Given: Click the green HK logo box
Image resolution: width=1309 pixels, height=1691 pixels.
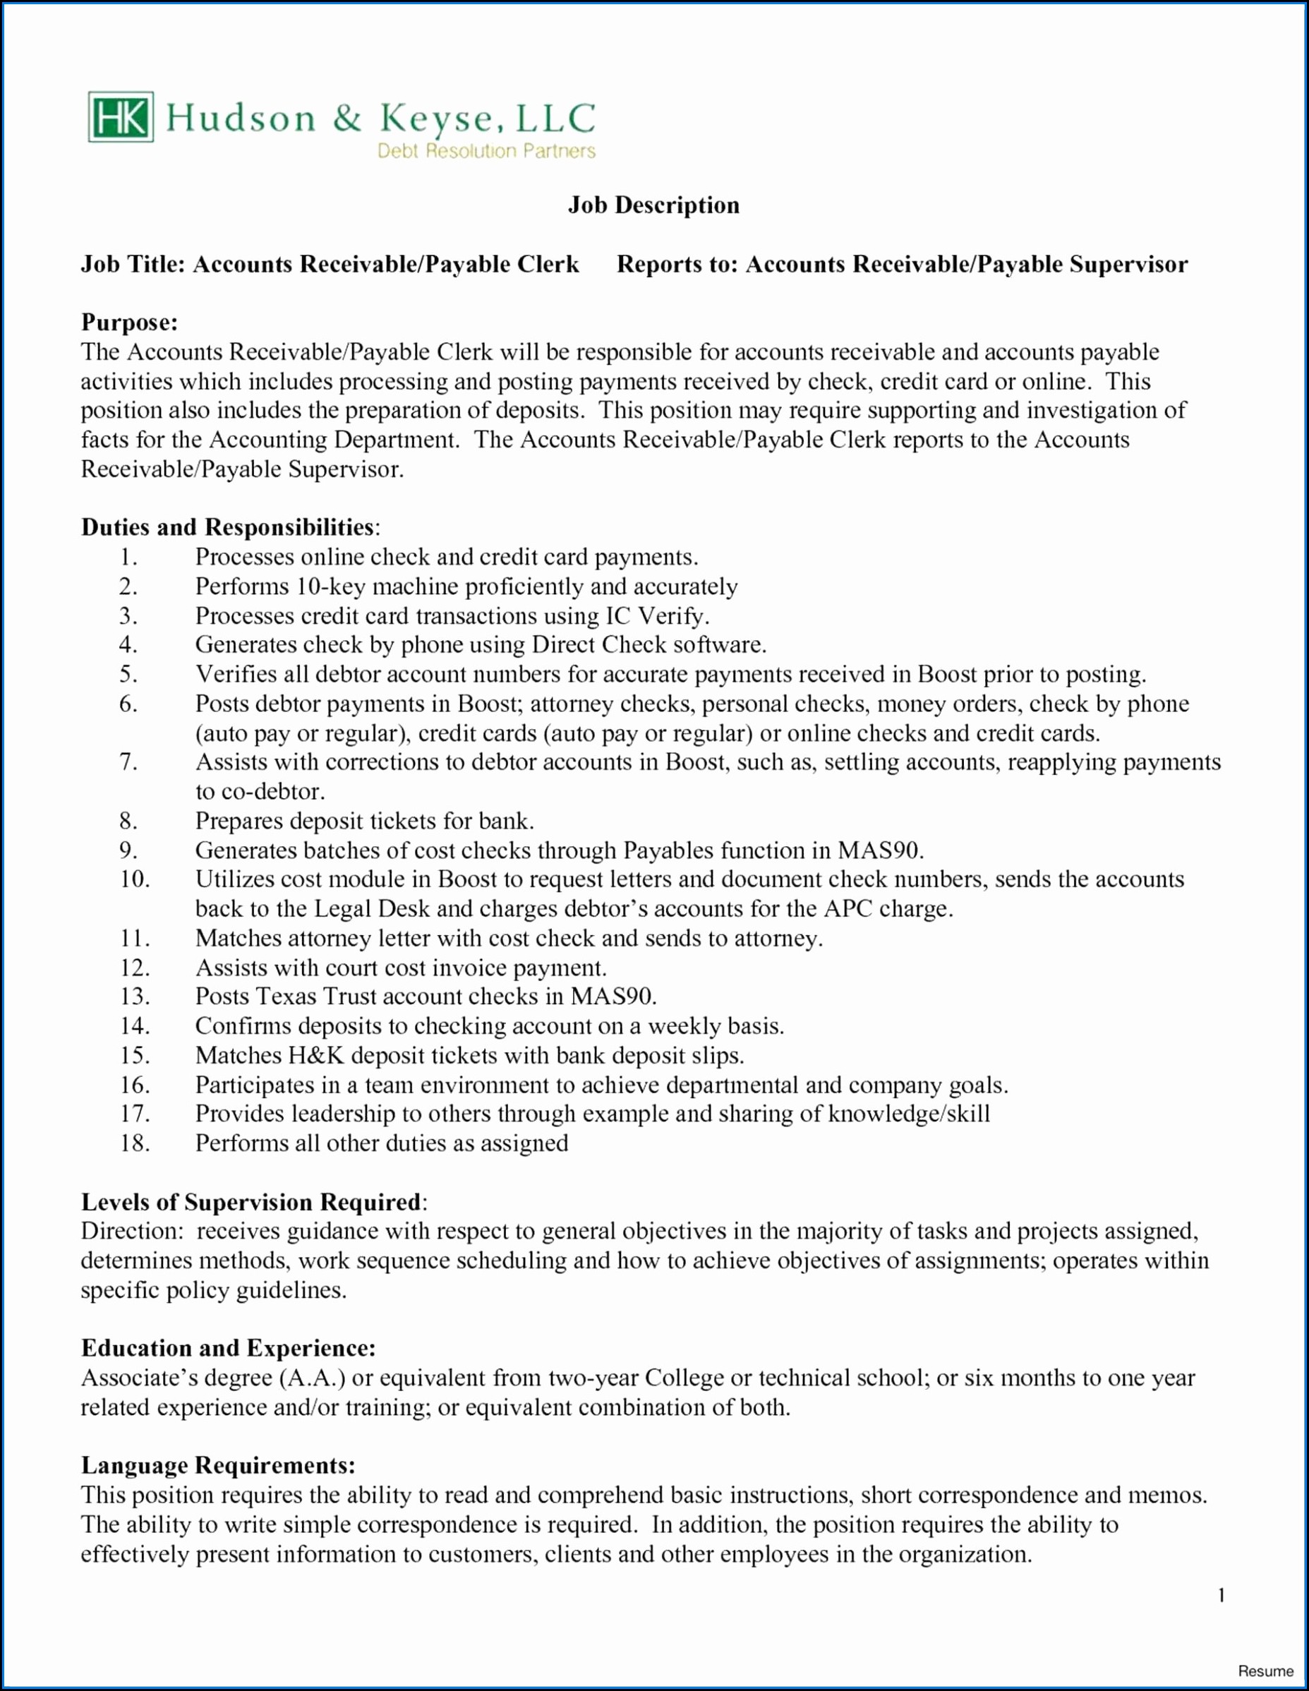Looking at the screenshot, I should coord(121,117).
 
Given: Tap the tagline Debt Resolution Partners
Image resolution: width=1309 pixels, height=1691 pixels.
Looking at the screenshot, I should coord(486,151).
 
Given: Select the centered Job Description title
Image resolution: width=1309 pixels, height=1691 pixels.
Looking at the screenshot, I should coord(654,205).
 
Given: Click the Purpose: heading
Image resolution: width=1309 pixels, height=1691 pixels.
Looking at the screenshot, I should coord(129,322).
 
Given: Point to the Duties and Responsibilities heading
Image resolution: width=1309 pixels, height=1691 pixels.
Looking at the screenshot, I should coord(229,527).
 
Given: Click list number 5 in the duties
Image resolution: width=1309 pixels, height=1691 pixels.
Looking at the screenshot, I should coord(128,675).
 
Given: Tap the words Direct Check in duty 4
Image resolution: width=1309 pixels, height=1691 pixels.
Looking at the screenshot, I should coord(598,645).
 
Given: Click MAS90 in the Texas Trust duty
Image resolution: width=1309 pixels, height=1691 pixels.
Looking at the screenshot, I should coord(613,997).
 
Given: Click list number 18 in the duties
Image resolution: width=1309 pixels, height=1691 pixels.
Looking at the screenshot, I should coord(134,1143).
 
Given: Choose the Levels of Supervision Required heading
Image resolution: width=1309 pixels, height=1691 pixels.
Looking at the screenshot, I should coord(253,1203).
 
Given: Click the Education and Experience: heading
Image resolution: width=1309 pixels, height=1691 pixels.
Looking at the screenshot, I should coord(229,1348).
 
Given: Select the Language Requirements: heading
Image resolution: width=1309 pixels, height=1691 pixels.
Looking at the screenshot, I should coord(218,1466).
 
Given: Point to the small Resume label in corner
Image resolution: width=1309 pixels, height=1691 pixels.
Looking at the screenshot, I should coord(1266,1671).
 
